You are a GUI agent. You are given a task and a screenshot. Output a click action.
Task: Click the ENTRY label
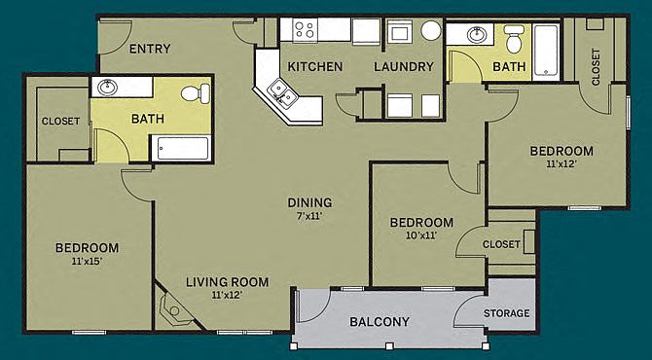click(150, 49)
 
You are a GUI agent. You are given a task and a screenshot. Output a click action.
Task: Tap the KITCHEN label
click(314, 66)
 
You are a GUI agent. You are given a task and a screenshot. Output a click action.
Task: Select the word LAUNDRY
click(403, 66)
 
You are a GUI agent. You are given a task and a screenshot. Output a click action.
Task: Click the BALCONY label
click(380, 322)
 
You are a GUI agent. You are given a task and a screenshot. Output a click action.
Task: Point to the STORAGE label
click(506, 313)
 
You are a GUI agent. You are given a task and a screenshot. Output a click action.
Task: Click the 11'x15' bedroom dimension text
click(87, 262)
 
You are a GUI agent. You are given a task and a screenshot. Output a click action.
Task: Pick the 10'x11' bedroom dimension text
click(421, 235)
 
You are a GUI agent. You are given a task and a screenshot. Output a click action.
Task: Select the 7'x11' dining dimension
click(309, 216)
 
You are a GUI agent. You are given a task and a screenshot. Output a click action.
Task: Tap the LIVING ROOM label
click(227, 282)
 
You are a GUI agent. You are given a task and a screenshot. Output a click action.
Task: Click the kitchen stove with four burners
click(305, 29)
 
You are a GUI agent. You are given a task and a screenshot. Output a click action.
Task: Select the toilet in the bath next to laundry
click(514, 39)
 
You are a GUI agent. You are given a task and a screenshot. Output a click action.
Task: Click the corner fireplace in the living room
click(174, 308)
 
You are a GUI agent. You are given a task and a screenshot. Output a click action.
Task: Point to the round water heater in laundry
click(431, 30)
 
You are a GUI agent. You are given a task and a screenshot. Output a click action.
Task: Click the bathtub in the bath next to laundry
click(546, 52)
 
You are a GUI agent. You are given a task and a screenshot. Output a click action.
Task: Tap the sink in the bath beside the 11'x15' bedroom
click(107, 88)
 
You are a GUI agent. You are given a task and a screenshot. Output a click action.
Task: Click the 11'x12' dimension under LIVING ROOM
click(227, 295)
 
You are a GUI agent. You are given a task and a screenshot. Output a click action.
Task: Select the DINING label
click(309, 202)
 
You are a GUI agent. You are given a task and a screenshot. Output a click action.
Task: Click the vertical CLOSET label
click(596, 68)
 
